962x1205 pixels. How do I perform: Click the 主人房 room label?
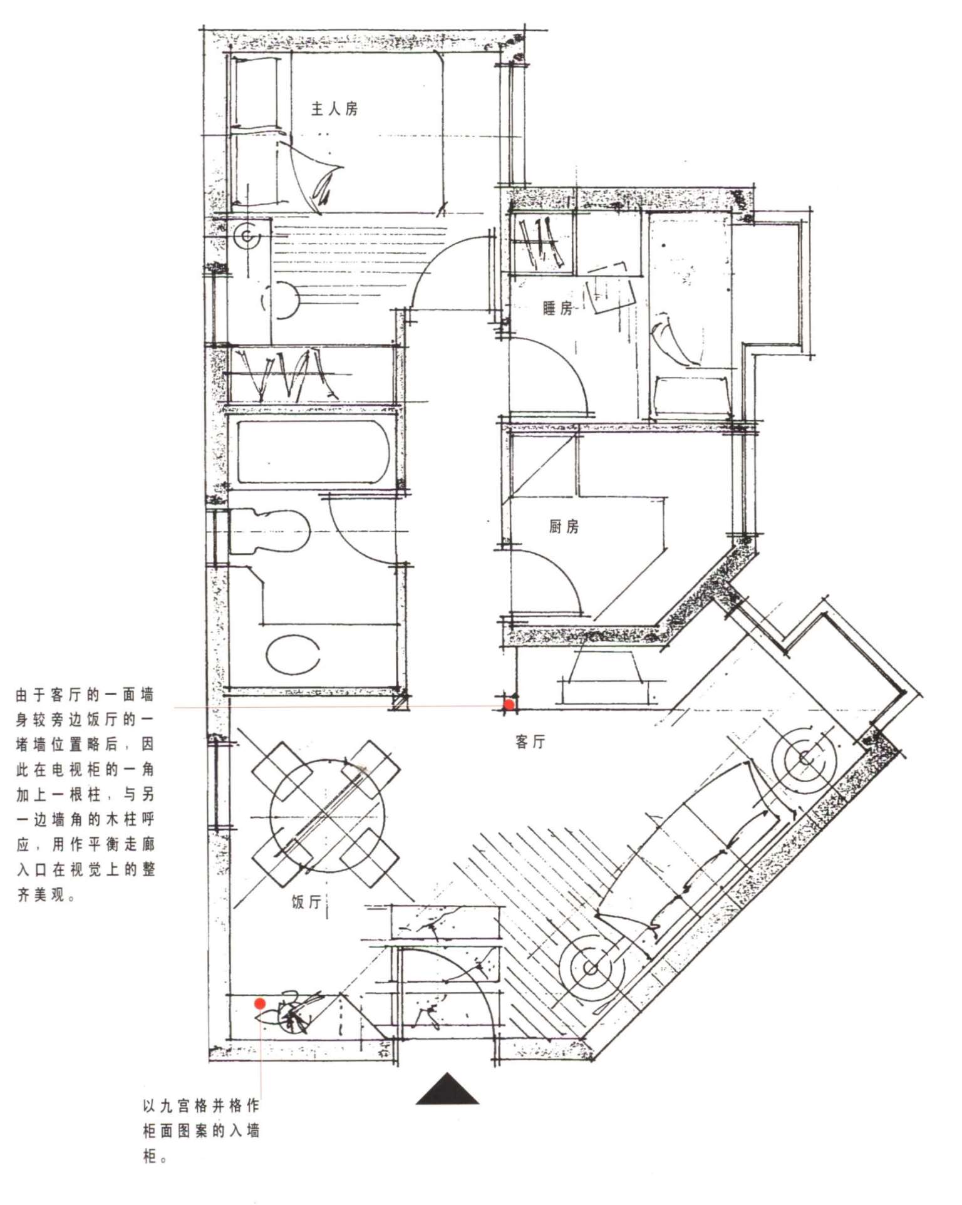tap(335, 109)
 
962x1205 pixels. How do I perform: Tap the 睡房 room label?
tap(557, 308)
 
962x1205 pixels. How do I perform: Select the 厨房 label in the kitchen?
tap(564, 527)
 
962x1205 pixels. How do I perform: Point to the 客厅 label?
tap(530, 742)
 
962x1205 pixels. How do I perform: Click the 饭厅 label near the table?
tap(307, 902)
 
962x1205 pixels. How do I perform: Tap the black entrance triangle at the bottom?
tap(447, 1090)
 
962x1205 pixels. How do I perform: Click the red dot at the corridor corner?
tap(509, 705)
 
